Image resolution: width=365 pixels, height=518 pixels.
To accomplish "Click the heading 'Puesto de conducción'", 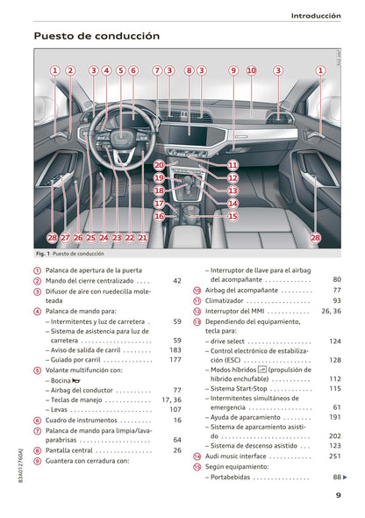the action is point(97,37).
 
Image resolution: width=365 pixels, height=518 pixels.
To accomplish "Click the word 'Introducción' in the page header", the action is point(316,15).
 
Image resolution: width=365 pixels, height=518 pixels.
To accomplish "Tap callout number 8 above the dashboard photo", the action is point(189,70).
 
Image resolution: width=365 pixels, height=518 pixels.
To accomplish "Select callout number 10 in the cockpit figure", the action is point(251,70).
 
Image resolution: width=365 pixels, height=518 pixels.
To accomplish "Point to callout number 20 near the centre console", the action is point(158,164).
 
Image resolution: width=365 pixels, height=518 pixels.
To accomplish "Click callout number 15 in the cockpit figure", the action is point(233,215).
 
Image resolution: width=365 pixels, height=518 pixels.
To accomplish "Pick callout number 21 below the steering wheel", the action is point(143,237).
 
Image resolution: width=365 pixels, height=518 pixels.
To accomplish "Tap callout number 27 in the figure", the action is point(66,237).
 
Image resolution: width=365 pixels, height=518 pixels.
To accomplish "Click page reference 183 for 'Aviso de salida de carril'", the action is point(175,349).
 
